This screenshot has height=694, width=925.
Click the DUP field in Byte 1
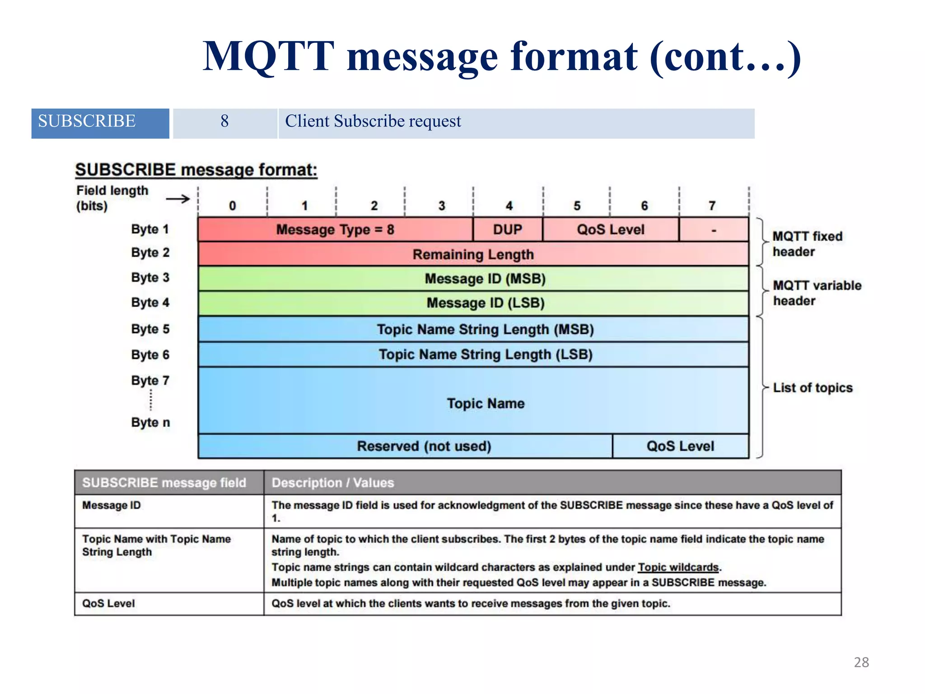[x=508, y=230]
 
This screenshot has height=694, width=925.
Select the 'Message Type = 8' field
[x=335, y=230]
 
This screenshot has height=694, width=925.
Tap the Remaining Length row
[x=473, y=254]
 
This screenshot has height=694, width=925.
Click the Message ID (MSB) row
[x=485, y=279]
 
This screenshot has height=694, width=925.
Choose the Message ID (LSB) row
[x=486, y=303]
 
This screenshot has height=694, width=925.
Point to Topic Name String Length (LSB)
[x=486, y=355]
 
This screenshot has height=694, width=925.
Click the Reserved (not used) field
[x=424, y=446]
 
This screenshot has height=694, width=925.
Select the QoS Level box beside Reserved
[x=680, y=446]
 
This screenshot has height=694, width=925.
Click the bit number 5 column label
[x=577, y=206]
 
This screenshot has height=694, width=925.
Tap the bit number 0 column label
[x=232, y=206]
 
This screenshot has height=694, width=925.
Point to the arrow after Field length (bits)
[x=178, y=199]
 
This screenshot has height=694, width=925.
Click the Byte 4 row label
[x=150, y=302]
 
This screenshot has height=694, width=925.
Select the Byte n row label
[x=150, y=422]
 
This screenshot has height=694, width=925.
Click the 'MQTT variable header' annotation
[x=817, y=293]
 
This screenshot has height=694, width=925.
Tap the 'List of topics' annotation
[x=813, y=388]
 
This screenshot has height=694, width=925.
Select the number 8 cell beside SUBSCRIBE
[x=224, y=122]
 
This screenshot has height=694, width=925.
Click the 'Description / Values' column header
[x=333, y=483]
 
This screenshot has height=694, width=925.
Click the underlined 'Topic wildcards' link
[x=678, y=567]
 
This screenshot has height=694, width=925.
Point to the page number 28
[x=861, y=662]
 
